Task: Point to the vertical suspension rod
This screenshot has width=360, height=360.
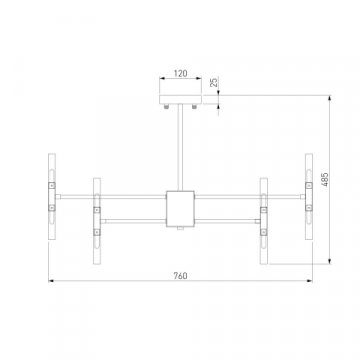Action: pyautogui.click(x=180, y=145)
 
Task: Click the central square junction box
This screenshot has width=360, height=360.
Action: pyautogui.click(x=180, y=207)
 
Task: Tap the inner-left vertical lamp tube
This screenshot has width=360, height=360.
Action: pyautogui.click(x=97, y=221)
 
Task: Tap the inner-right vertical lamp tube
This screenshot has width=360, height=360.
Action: pyautogui.click(x=264, y=221)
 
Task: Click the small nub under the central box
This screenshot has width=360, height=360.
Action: pyautogui.click(x=180, y=229)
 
